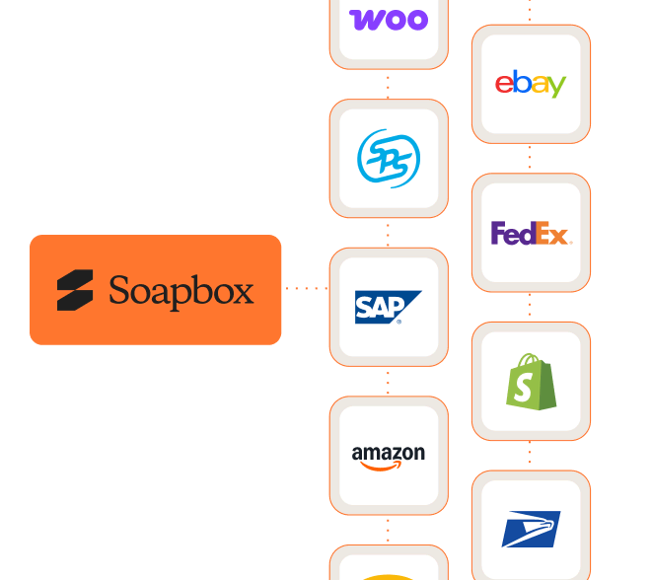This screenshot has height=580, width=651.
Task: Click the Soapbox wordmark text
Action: (x=181, y=291)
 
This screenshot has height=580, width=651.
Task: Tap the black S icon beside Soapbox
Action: (x=75, y=290)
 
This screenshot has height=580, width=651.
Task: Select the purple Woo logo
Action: (x=389, y=19)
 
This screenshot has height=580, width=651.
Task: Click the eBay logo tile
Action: (x=531, y=84)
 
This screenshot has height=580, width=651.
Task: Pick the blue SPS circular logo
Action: (x=389, y=159)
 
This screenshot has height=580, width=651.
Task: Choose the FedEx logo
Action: (x=531, y=234)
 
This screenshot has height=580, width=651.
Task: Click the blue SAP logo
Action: (x=389, y=307)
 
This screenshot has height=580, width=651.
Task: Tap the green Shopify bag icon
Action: (x=531, y=382)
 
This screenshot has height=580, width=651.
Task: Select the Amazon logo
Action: (x=389, y=456)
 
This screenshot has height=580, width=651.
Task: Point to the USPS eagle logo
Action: (x=531, y=530)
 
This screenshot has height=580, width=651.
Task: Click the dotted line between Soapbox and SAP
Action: (x=305, y=289)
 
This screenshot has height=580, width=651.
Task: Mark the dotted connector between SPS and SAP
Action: (x=389, y=233)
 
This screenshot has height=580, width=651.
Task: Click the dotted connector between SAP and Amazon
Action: (x=389, y=382)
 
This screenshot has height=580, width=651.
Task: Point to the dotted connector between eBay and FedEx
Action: (x=531, y=159)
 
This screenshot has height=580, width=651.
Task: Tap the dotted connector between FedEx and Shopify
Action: (x=531, y=307)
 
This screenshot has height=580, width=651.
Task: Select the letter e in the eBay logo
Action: (x=503, y=85)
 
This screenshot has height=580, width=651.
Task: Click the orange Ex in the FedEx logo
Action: (x=554, y=235)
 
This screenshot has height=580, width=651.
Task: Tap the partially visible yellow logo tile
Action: (x=389, y=566)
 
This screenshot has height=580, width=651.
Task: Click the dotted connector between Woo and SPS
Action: (x=389, y=84)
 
